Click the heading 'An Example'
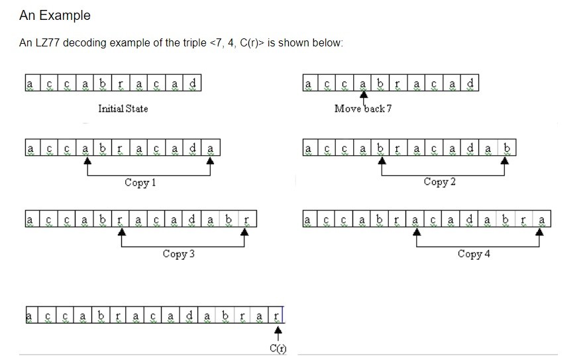pos(55,15)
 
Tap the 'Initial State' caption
pos(123,109)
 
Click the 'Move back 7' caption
pos(363,109)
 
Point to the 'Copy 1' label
pos(140,182)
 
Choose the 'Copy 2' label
pos(439,182)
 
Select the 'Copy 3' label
pos(178,254)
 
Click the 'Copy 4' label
pos(474,254)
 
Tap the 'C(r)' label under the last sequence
pos(278,349)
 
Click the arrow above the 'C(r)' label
pos(278,331)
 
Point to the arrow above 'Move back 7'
pos(363,97)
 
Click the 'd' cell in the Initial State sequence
pos(193,84)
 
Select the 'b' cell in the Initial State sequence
pos(103,84)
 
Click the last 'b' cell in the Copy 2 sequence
pos(507,147)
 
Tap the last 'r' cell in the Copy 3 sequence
pos(246,218)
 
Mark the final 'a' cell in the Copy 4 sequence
pos(542,218)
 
